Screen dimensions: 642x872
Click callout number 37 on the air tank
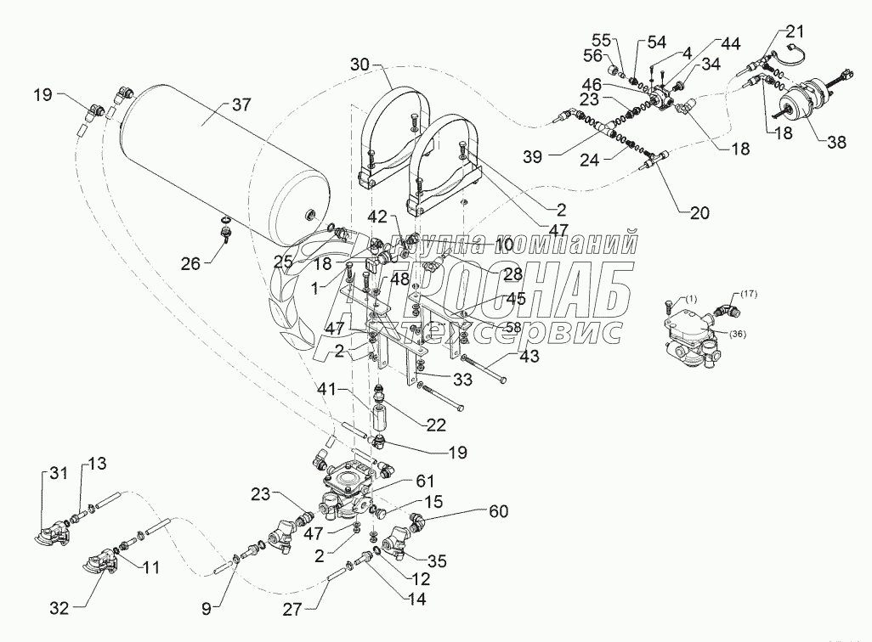point(241,106)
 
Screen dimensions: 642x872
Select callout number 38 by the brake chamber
point(837,144)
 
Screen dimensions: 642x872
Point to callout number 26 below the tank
point(190,265)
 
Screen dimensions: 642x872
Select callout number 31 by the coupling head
point(56,474)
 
